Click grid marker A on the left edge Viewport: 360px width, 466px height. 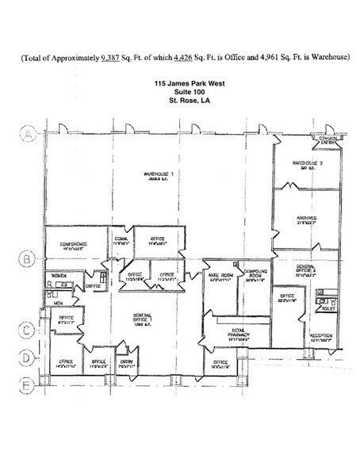pos(27,135)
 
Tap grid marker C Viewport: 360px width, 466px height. pos(27,330)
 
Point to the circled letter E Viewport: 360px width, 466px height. pos(27,386)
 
